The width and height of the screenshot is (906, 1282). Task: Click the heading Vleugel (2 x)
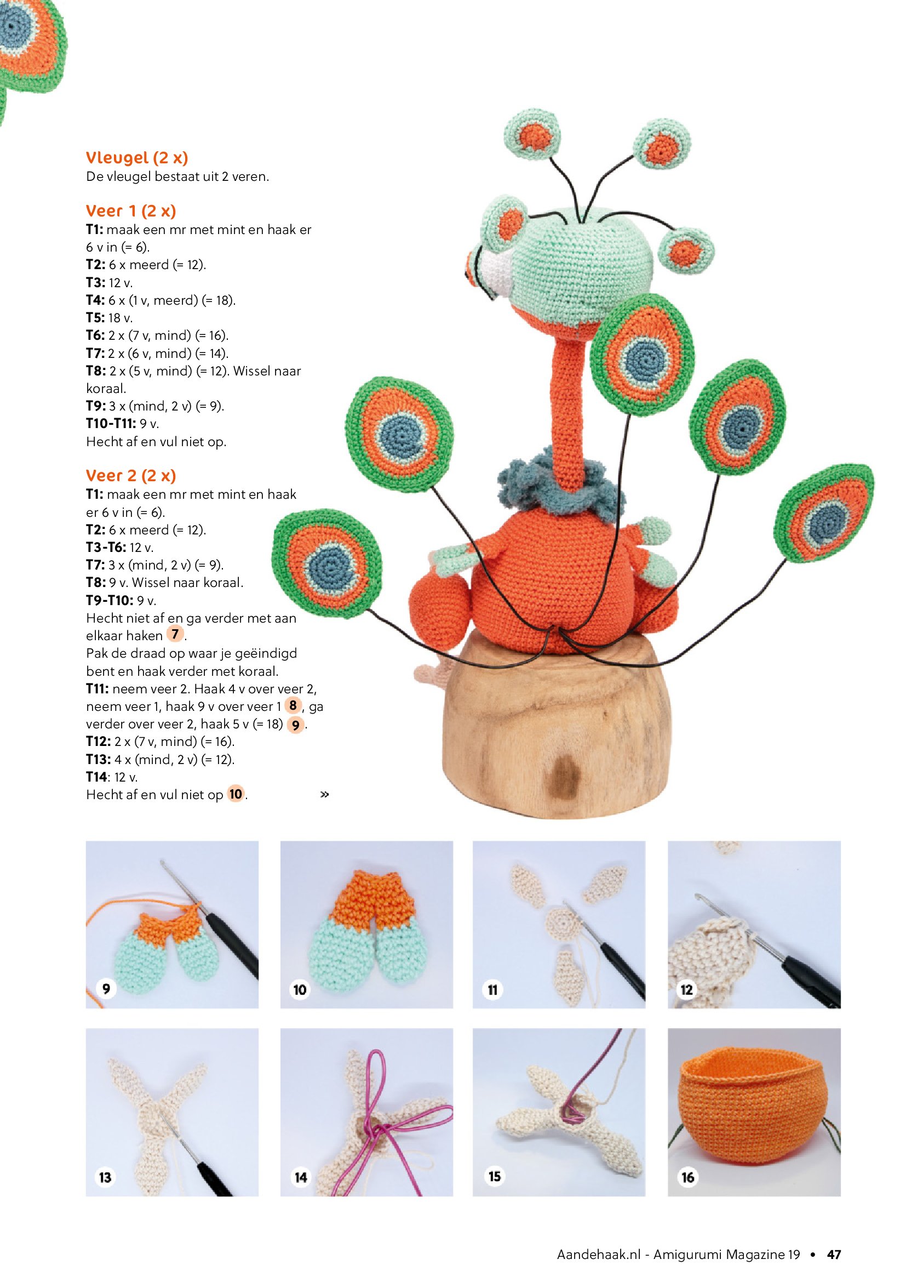tap(137, 158)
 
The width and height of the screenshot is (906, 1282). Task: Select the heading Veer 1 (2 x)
tap(131, 211)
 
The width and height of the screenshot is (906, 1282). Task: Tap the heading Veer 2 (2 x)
tap(131, 476)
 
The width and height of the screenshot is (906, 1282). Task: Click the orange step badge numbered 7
tap(175, 634)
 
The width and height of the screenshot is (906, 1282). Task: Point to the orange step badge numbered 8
tap(293, 705)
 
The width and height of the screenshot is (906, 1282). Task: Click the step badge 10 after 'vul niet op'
tap(236, 794)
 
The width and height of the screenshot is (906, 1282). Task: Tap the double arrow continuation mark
tap(325, 794)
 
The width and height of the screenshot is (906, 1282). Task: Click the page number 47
tap(834, 1255)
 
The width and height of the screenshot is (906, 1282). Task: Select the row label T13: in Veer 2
tap(99, 759)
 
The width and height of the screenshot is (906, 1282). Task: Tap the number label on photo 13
tap(105, 1177)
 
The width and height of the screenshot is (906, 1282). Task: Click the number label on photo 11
tap(492, 990)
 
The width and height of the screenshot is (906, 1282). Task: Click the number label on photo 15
tap(494, 1176)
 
